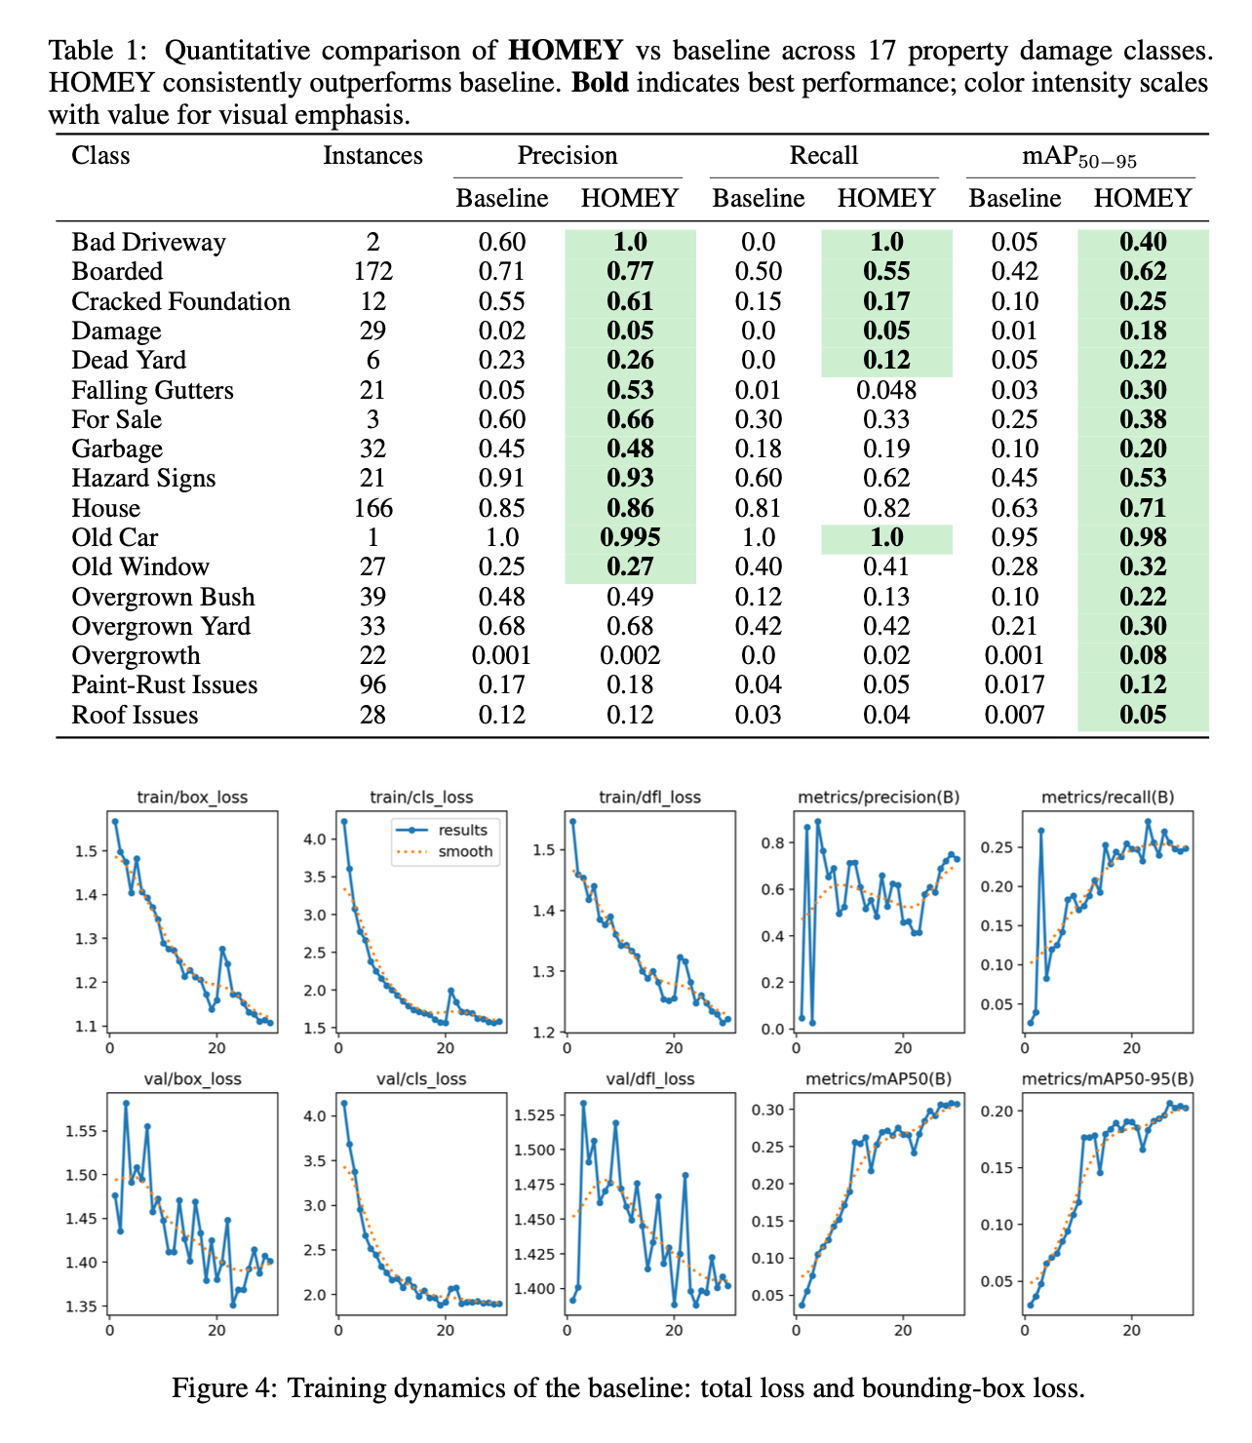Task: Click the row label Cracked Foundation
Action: tap(180, 301)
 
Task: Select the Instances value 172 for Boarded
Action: tap(372, 272)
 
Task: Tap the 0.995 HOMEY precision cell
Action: tap(630, 537)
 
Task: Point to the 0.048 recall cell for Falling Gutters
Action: tap(885, 390)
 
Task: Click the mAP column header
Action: tap(1078, 157)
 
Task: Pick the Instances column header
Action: tap(372, 156)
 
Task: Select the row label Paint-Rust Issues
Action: tap(165, 685)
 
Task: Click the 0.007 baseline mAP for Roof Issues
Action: tap(1014, 715)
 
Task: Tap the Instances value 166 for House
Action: tap(372, 508)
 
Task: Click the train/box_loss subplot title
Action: tap(192, 797)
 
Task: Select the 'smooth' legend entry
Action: tap(465, 851)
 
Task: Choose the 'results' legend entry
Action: tap(462, 830)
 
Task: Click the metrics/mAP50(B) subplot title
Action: tap(879, 1079)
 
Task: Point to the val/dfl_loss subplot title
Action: tap(650, 1079)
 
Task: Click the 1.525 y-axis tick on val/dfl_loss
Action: tap(533, 1114)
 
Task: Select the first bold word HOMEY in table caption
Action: tap(566, 51)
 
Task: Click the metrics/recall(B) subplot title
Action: tap(1108, 797)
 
